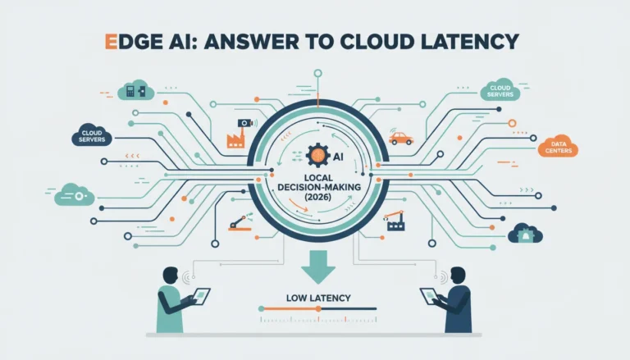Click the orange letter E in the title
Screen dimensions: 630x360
(111, 41)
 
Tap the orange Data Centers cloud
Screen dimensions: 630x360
(558, 146)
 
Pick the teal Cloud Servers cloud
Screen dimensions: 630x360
(500, 90)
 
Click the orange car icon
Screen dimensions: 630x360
(400, 139)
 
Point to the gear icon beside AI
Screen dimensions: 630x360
(318, 156)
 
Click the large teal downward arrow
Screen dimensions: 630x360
(317, 267)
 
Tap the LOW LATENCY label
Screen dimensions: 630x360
(318, 298)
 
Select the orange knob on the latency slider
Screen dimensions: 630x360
(318, 308)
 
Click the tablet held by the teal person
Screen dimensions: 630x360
(201, 296)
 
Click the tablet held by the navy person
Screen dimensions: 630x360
(429, 296)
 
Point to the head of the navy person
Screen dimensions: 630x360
(459, 276)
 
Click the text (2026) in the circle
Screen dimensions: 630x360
(317, 197)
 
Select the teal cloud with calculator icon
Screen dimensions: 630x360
(136, 90)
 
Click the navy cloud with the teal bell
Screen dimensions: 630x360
(525, 234)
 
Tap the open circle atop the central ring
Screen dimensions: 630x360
(317, 73)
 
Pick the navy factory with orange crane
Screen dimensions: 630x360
(394, 221)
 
